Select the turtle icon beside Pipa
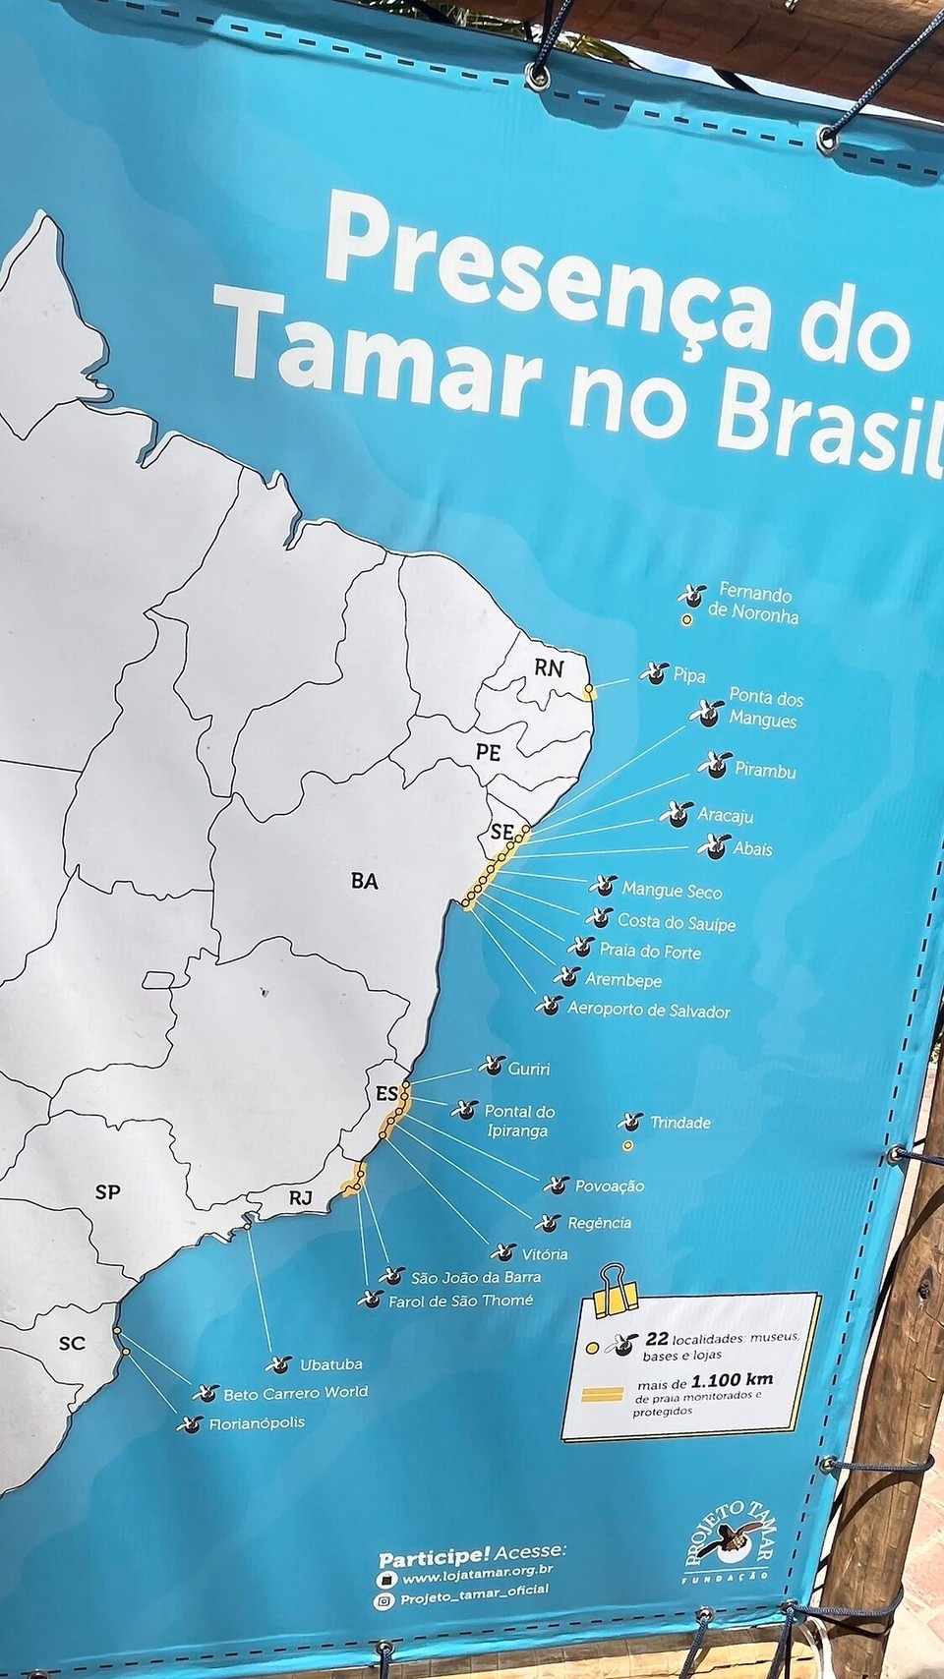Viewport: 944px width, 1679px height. coord(652,673)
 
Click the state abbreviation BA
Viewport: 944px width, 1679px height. coord(364,881)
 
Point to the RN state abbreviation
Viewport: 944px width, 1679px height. coord(549,667)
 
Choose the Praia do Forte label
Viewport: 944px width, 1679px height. coord(650,951)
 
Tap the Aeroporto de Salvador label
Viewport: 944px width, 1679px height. coord(648,1010)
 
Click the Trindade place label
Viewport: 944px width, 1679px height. coord(679,1122)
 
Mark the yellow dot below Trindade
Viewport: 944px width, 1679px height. coord(627,1145)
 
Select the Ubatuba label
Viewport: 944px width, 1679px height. coord(330,1364)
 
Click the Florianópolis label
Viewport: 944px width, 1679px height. coord(257,1422)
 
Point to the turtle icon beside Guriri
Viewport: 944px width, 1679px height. coord(490,1066)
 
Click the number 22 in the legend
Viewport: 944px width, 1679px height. coord(657,1339)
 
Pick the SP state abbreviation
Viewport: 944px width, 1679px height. coord(107,1191)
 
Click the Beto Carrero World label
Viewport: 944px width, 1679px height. coord(295,1392)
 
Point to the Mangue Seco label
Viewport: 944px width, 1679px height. coord(672,892)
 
